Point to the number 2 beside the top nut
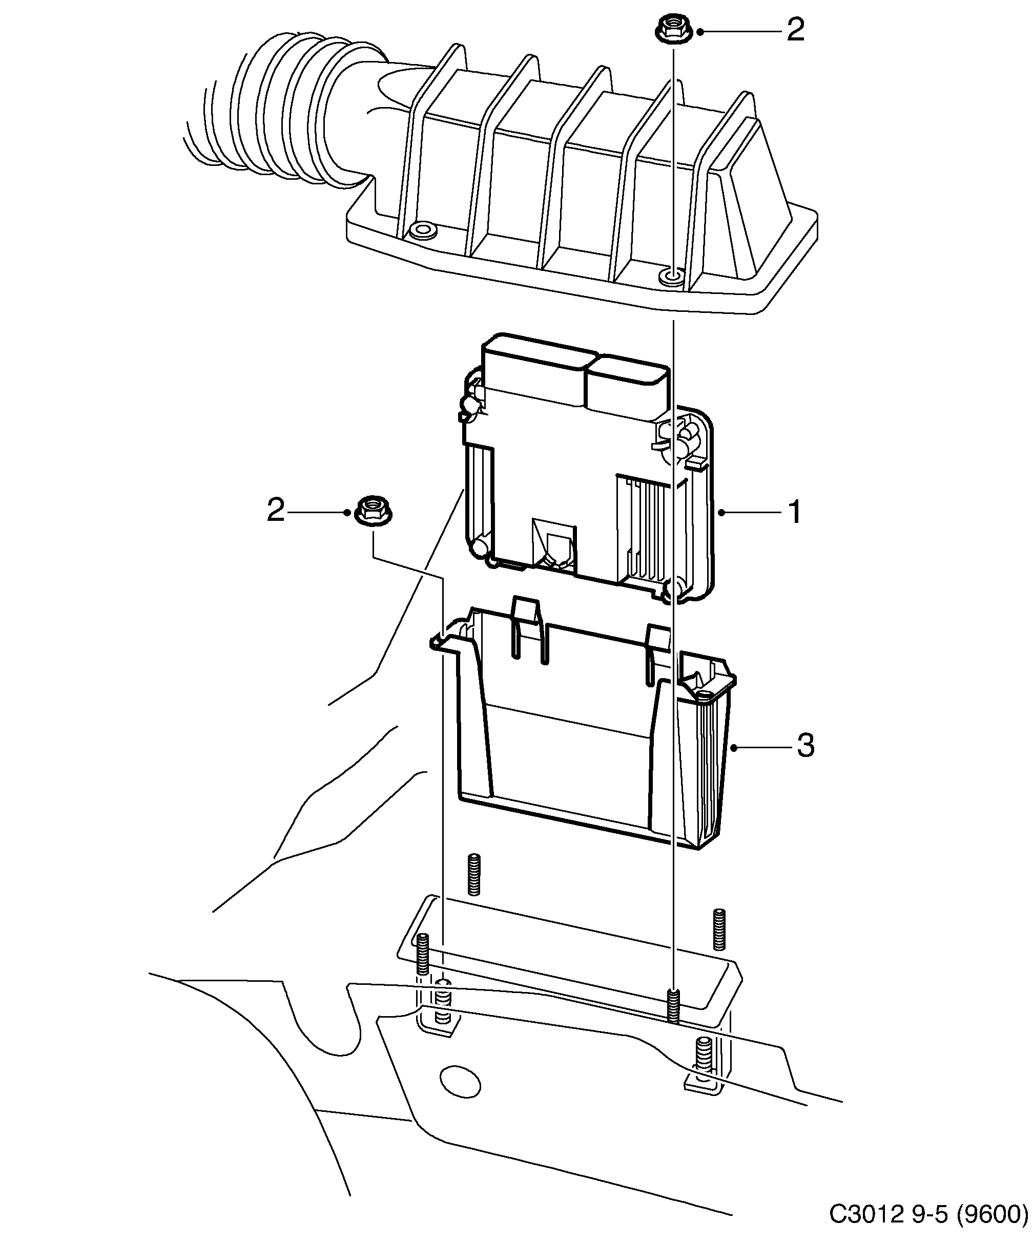pyautogui.click(x=795, y=30)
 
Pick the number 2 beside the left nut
pyautogui.click(x=276, y=510)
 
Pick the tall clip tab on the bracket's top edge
pyautogui.click(x=527, y=628)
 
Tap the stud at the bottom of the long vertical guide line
pyautogui.click(x=673, y=1007)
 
